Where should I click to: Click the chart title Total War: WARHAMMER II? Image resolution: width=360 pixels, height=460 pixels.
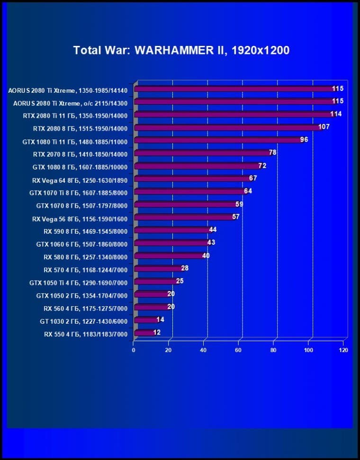[x=181, y=50]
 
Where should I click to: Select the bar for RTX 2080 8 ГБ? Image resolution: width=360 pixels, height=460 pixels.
[x=227, y=127]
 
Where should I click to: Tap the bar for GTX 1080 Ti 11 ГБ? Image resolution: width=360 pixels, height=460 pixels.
[x=218, y=140]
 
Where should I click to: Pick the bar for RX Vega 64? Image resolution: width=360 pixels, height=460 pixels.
[x=192, y=178]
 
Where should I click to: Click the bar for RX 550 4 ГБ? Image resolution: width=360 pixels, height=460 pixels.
[x=144, y=333]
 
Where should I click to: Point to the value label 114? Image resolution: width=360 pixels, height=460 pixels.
[x=336, y=114]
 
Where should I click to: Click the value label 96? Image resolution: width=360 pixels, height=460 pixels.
[x=304, y=140]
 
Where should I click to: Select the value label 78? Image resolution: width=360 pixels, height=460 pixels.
[x=272, y=152]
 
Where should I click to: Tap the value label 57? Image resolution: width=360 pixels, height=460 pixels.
[x=235, y=217]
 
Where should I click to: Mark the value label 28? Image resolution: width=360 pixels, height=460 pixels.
[x=185, y=268]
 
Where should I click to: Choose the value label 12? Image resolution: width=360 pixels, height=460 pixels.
[x=157, y=332]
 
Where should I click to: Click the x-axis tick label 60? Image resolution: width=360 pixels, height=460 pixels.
[x=239, y=350]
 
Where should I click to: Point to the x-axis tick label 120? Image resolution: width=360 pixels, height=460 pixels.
[x=343, y=350]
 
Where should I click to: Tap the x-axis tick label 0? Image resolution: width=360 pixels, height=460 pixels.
[x=134, y=350]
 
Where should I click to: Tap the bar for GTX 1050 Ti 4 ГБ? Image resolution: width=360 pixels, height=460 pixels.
[x=155, y=281]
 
